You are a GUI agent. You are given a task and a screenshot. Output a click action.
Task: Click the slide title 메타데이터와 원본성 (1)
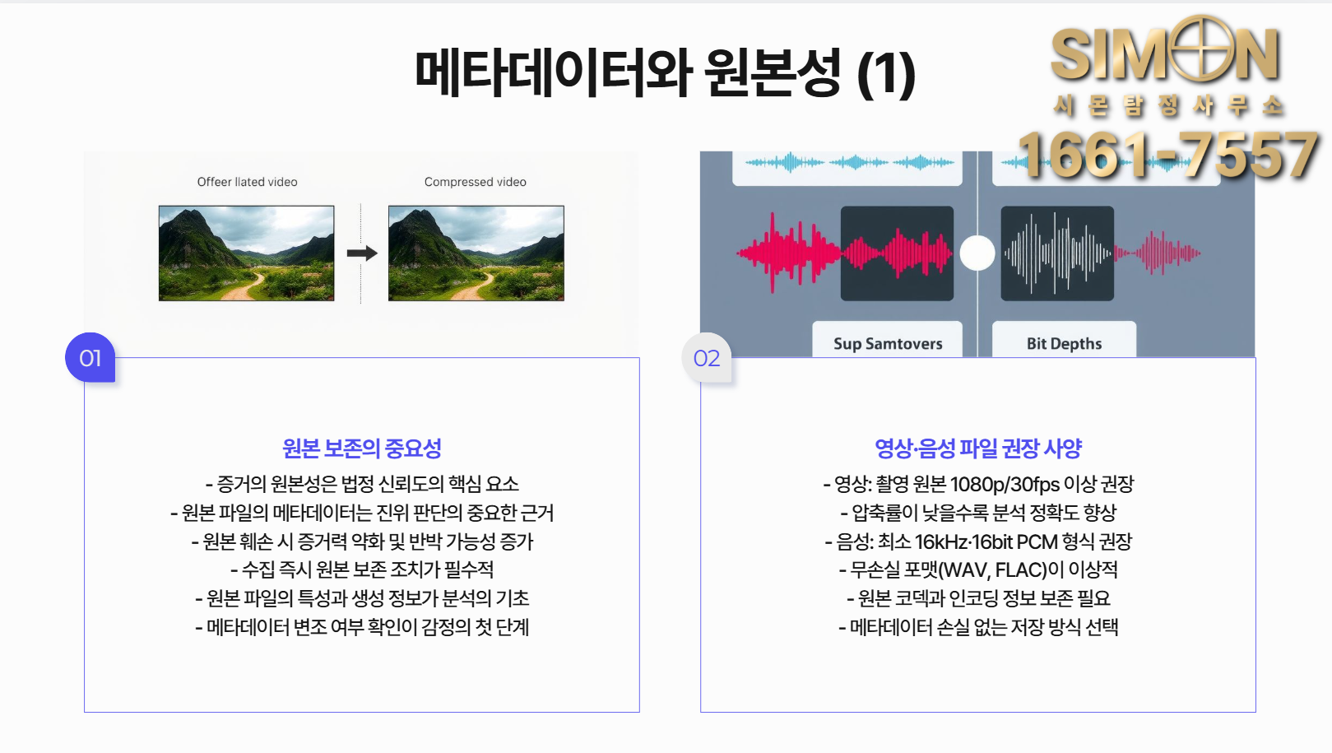665,72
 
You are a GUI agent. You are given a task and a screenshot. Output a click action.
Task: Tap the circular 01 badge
90,358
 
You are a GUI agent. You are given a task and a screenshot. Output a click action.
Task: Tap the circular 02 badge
706,358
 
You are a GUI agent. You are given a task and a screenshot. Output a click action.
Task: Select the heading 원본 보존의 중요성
362,449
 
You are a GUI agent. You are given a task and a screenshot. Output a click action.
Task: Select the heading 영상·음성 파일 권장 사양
977,449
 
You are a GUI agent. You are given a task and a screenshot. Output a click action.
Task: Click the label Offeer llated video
247,182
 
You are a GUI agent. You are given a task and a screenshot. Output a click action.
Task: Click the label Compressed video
475,182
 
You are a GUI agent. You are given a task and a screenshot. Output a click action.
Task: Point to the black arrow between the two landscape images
362,253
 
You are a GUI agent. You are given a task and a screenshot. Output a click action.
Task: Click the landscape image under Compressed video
476,253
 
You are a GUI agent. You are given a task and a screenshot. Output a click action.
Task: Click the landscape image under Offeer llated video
246,253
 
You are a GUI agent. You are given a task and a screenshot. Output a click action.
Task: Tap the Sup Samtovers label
887,343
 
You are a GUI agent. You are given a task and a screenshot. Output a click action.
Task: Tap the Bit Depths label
1064,343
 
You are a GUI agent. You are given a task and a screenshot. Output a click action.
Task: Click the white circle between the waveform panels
977,253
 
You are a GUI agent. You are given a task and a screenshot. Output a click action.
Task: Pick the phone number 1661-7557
1168,156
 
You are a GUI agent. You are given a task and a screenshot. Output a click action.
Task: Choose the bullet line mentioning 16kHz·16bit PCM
978,542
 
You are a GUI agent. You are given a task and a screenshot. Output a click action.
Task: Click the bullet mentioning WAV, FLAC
978,569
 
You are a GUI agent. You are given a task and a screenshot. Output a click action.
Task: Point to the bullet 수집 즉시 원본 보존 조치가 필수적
362,569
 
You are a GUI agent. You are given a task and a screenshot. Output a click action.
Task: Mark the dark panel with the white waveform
1057,253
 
